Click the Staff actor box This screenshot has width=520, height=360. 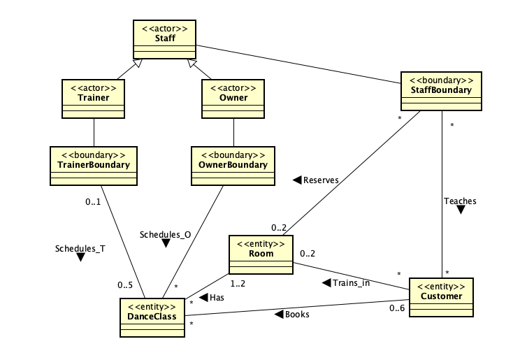pos(165,38)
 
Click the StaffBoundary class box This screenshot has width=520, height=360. pos(442,90)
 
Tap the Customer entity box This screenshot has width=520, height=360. pos(441,297)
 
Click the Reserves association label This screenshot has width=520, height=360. pos(321,180)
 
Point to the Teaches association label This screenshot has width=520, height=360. pos(460,201)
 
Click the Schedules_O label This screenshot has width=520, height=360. pos(165,234)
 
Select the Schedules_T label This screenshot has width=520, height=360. pos(80,248)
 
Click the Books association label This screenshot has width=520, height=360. pos(297,315)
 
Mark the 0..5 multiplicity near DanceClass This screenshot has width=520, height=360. pos(125,285)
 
